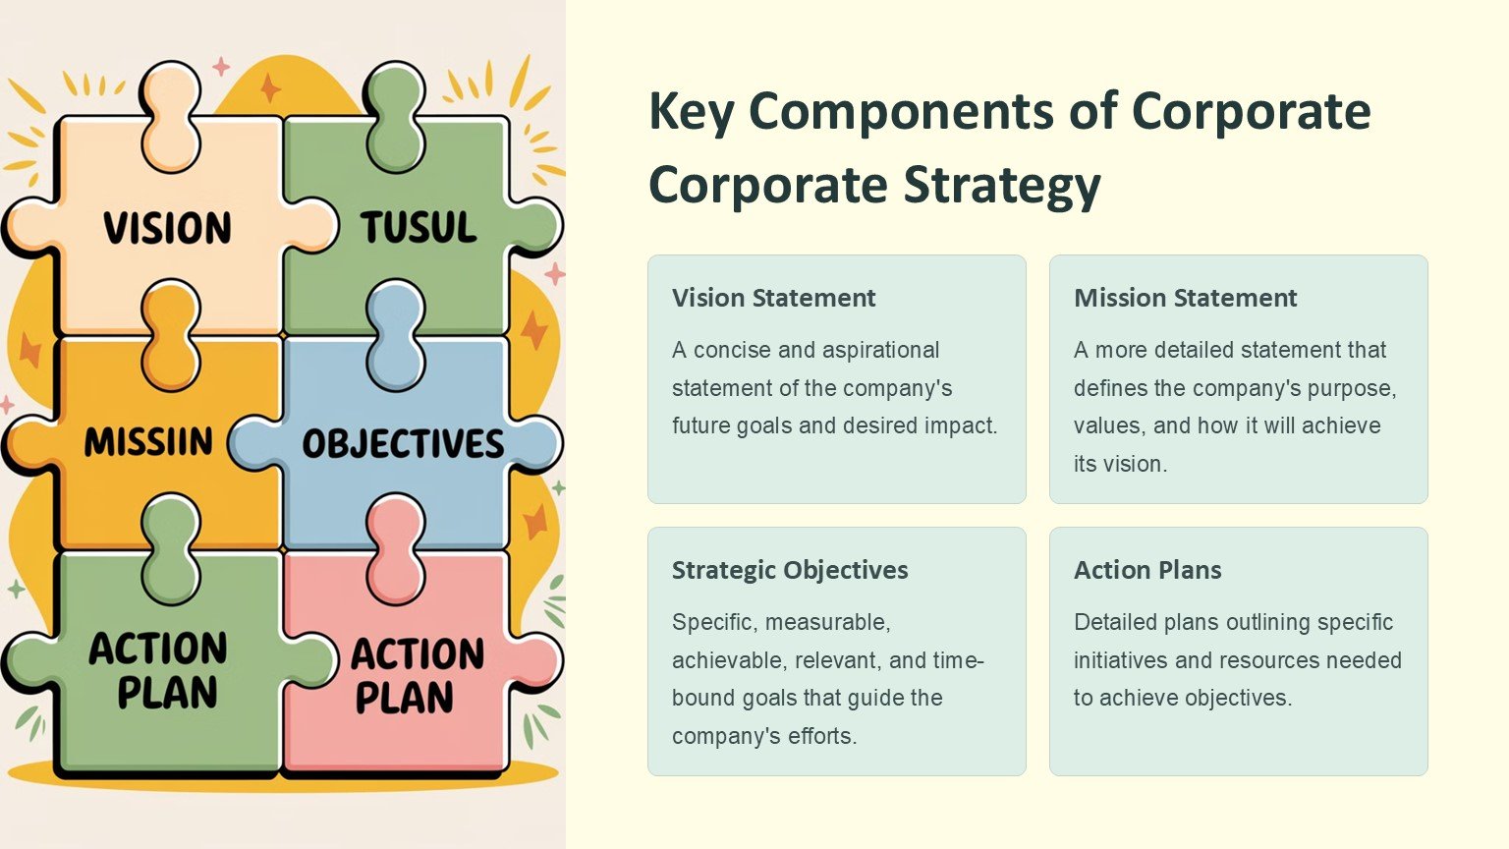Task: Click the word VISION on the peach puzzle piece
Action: [x=168, y=228]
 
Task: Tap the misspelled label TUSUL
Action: [x=419, y=227]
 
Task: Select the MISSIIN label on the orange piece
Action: [x=148, y=442]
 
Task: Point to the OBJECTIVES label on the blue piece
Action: [x=403, y=443]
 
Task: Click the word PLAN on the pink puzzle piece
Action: [x=404, y=698]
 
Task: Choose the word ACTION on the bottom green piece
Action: [x=158, y=649]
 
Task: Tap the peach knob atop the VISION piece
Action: [x=170, y=115]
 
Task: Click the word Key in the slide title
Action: [x=691, y=113]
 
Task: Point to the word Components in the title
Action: [x=901, y=113]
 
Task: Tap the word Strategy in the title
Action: [x=1002, y=186]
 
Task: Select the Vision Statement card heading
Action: [x=773, y=298]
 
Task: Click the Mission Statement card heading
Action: [x=1185, y=298]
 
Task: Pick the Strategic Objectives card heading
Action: [x=790, y=570]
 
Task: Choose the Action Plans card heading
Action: [x=1147, y=570]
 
